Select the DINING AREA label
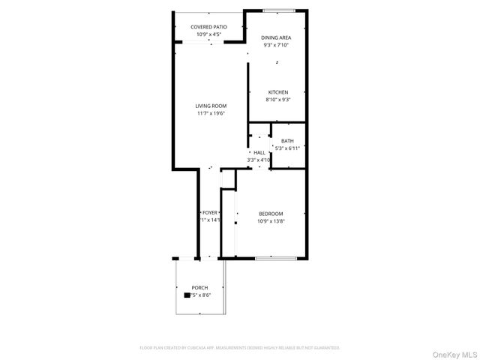[x=276, y=37]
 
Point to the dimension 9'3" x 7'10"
[x=276, y=45]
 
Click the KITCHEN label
[x=277, y=92]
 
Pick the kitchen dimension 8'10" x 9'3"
[x=277, y=100]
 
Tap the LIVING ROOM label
[x=211, y=106]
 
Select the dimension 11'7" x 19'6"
[x=211, y=113]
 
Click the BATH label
[x=287, y=141]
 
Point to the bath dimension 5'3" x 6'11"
[x=287, y=148]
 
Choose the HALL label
[x=259, y=152]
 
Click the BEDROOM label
[x=271, y=214]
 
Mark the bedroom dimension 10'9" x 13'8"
[x=271, y=221]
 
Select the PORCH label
[x=199, y=288]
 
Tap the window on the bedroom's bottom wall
[x=275, y=259]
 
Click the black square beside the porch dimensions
[x=186, y=295]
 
